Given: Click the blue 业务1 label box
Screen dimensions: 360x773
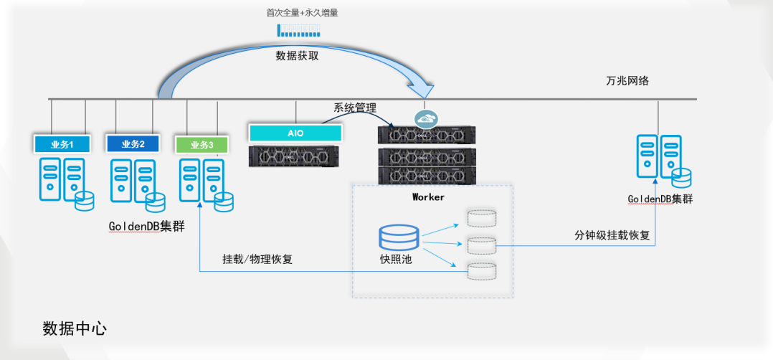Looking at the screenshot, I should [61, 144].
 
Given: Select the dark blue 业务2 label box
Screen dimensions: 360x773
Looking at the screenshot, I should [133, 143].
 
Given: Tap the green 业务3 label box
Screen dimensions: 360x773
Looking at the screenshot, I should [202, 144].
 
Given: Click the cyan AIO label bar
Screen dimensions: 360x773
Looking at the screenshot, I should [295, 132].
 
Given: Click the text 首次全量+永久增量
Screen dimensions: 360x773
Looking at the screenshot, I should [300, 14].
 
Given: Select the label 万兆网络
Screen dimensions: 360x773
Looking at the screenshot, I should [627, 82].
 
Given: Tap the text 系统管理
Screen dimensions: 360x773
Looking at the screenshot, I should [355, 108].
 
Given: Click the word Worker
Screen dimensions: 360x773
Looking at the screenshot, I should [428, 196].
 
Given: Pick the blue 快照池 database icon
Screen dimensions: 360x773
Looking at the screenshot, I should [398, 237].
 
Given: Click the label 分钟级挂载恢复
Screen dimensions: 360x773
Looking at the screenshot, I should [612, 235].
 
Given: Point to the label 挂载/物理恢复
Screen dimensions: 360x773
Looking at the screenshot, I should [257, 260].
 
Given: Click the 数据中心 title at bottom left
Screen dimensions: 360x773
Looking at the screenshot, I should [75, 328].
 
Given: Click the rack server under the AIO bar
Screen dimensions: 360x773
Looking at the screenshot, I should [293, 156].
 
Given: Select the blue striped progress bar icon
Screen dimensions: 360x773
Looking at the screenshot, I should [300, 31].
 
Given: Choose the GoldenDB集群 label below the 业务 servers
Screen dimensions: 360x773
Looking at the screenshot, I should [146, 227].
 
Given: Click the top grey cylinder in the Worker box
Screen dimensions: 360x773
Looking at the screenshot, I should [480, 217].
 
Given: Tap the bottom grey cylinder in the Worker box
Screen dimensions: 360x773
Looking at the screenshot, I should [480, 271].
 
